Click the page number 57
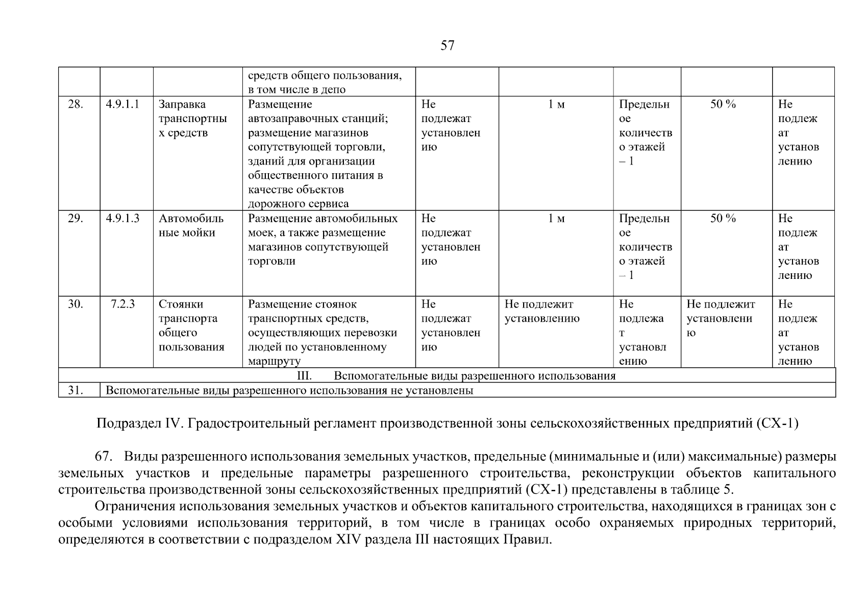447,46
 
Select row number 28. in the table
76,105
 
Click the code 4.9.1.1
122,105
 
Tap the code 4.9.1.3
122,219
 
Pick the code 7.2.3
122,304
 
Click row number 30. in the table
76,304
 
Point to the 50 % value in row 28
723,105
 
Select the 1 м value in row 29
556,219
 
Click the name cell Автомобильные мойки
191,226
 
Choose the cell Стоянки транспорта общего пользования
191,325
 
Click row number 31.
76,391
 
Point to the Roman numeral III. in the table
304,376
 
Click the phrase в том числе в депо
296,90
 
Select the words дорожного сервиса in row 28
298,204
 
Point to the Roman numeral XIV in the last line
348,540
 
